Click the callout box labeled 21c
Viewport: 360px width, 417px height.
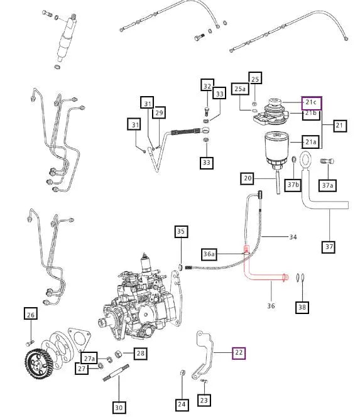[312, 102]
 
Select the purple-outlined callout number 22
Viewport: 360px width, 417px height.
[239, 354]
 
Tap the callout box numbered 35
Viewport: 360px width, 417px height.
[181, 232]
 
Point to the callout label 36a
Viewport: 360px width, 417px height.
[209, 254]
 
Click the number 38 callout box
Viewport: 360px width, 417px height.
[303, 307]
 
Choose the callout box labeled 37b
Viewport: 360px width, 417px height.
[293, 185]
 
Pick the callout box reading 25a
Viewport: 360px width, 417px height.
[240, 90]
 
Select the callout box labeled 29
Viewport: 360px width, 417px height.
[159, 112]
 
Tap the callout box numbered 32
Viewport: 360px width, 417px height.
[207, 85]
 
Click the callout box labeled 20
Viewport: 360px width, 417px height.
[247, 179]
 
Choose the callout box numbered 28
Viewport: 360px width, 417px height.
[140, 354]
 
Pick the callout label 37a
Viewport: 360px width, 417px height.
[327, 185]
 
